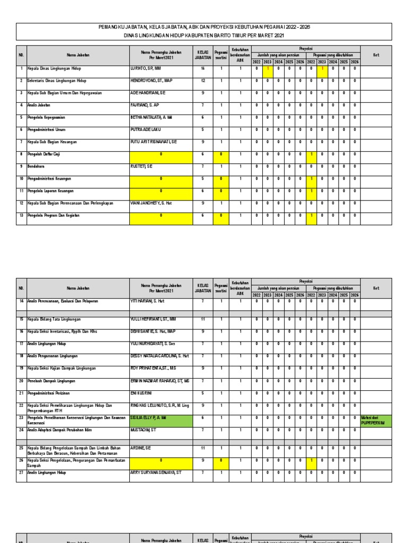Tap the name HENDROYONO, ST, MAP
[x=151, y=81]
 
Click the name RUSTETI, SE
[x=141, y=166]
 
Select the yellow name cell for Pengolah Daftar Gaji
[x=161, y=154]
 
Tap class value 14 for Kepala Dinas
[x=202, y=68]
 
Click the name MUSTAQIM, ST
[x=143, y=430]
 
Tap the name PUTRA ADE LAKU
[x=146, y=129]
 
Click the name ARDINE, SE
[x=141, y=448]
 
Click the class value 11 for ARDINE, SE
[x=202, y=448]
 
